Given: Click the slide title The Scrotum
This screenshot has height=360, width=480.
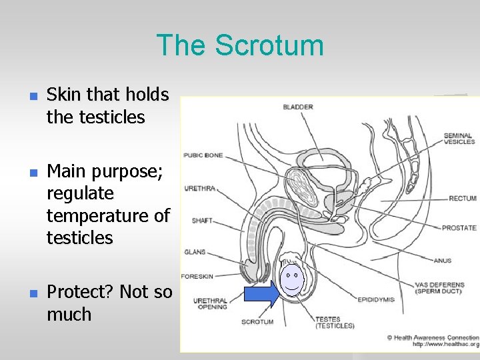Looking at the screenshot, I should tap(240, 45).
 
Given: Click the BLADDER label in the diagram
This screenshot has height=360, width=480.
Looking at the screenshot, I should tap(298, 107).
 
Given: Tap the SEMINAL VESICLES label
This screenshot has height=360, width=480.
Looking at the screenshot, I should tap(459, 138).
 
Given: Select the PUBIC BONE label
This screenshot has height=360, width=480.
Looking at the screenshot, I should tap(203, 155).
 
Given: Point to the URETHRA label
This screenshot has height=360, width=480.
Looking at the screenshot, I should tap(199, 189).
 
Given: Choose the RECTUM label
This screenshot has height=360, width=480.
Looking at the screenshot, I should tap(462, 198).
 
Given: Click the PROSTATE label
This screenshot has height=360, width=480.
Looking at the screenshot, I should tap(459, 228).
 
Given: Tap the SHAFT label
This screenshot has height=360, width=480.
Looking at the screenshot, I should tap(202, 221).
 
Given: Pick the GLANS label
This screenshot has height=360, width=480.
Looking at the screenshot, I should tap(195, 252).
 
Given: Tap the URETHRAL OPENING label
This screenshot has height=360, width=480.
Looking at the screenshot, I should tap(210, 303).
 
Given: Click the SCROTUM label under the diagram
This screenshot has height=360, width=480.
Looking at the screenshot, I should tap(258, 322).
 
